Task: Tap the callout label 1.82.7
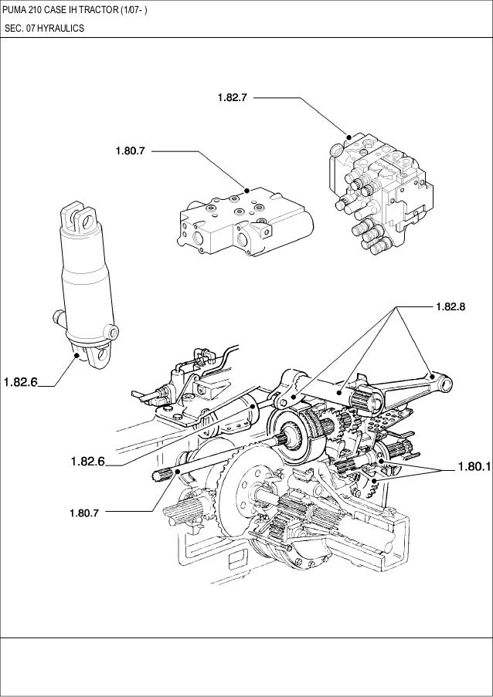click(x=233, y=98)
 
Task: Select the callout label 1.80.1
click(x=473, y=467)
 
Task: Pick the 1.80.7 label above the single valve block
click(x=131, y=151)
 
